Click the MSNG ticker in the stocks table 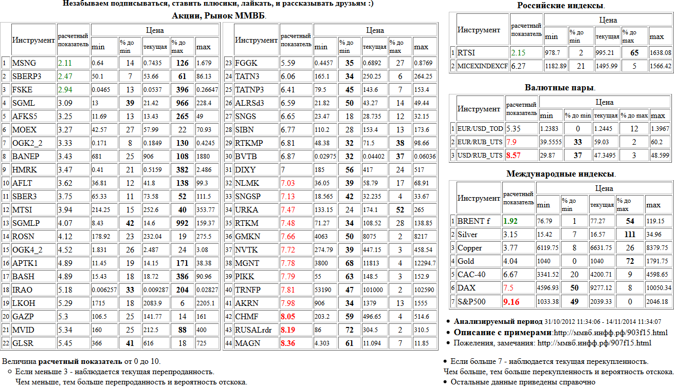pyautogui.click(x=24, y=63)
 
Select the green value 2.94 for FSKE pyautogui.click(x=65, y=90)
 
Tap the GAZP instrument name pyautogui.click(x=24, y=317)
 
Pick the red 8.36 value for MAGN pyautogui.click(x=288, y=343)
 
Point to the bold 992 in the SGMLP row pyautogui.click(x=181, y=223)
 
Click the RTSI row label pyautogui.click(x=467, y=52)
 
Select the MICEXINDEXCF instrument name pyautogui.click(x=482, y=66)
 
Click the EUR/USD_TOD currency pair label pyautogui.click(x=480, y=128)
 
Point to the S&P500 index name pyautogui.click(x=471, y=301)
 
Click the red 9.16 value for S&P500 pyautogui.click(x=512, y=301)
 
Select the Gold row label pyautogui.click(x=466, y=261)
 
